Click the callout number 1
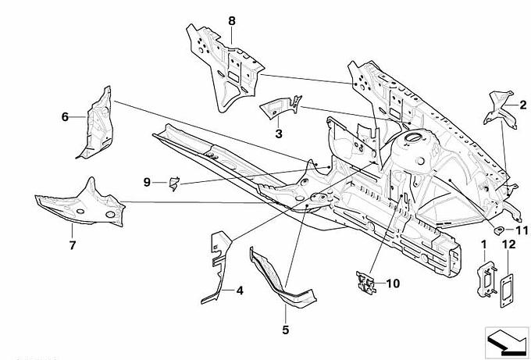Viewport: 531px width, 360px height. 483,245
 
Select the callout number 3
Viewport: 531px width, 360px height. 278,134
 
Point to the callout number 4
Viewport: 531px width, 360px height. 240,291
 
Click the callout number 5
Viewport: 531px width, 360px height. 285,330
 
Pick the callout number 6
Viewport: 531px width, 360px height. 66,117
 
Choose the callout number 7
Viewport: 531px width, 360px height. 72,245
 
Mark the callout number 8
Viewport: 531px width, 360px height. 231,20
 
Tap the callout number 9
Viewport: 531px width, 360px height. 146,183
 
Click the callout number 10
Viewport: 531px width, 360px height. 392,283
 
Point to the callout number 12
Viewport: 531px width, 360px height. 508,245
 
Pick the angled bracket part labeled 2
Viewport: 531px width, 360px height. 501,109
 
